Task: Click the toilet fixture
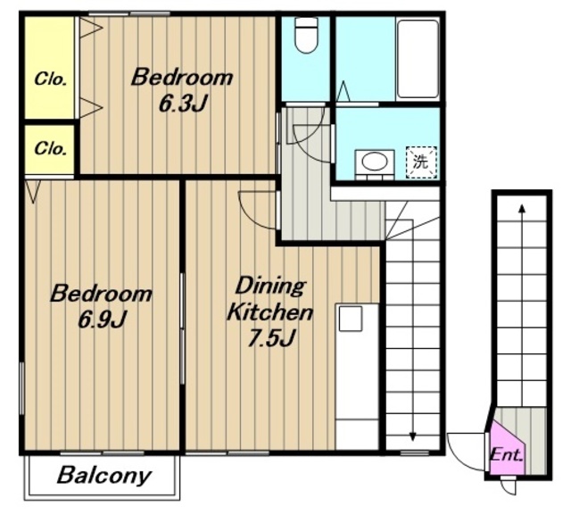[306, 35]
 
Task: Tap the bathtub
[418, 59]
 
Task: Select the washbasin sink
[375, 161]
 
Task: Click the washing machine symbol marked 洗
[421, 162]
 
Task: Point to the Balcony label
[103, 476]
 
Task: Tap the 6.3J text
[183, 104]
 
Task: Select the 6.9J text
[103, 319]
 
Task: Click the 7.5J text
[270, 338]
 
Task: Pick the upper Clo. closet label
[50, 79]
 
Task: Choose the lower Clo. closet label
[50, 148]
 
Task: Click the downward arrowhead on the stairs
[412, 436]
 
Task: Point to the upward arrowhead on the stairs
[522, 209]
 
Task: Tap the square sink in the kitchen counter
[351, 319]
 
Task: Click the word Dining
[269, 286]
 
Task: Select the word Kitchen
[269, 311]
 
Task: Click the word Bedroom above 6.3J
[182, 78]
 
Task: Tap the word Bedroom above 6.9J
[101, 294]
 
